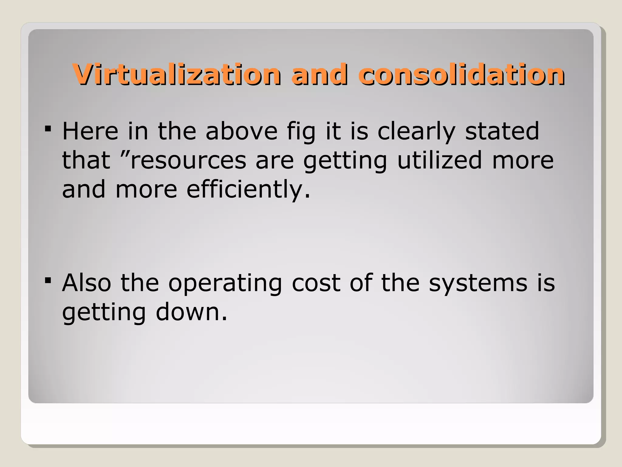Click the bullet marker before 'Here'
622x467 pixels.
[48, 129]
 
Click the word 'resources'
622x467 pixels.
[188, 161]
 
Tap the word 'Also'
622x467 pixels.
[87, 283]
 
